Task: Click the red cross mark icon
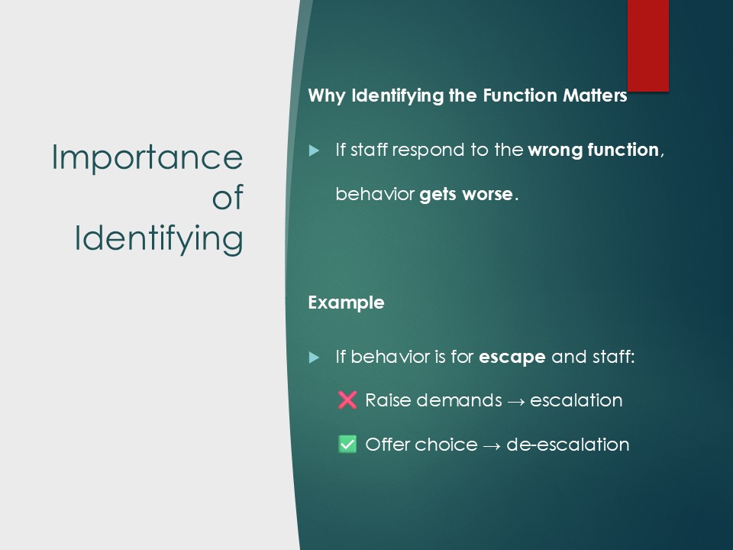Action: pyautogui.click(x=347, y=400)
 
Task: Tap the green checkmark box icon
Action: pyautogui.click(x=347, y=445)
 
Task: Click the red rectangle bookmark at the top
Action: pyautogui.click(x=648, y=45)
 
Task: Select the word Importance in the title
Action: pyautogui.click(x=147, y=157)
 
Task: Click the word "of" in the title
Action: pyautogui.click(x=228, y=197)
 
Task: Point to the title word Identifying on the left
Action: pyautogui.click(x=159, y=239)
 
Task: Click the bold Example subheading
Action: pyautogui.click(x=347, y=302)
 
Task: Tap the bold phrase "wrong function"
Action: pyautogui.click(x=593, y=150)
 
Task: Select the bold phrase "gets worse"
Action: pyautogui.click(x=466, y=193)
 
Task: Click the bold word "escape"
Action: pyautogui.click(x=512, y=357)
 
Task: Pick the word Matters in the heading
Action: pyautogui.click(x=595, y=95)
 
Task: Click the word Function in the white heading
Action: pyautogui.click(x=520, y=95)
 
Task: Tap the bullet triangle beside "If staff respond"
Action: pyautogui.click(x=314, y=150)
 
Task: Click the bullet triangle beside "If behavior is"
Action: pyautogui.click(x=314, y=357)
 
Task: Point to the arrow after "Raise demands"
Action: pyautogui.click(x=516, y=402)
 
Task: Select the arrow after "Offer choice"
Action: pyautogui.click(x=492, y=446)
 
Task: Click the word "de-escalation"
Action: pyautogui.click(x=568, y=445)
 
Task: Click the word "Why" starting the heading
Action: pyautogui.click(x=327, y=96)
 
